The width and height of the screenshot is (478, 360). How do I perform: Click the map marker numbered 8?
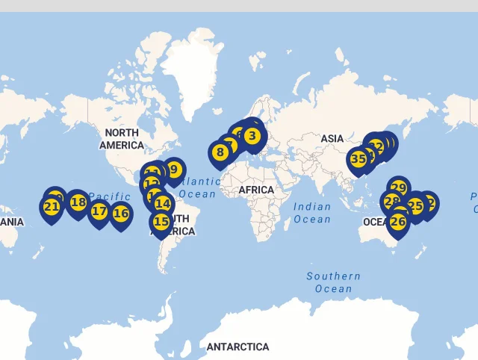click(220, 152)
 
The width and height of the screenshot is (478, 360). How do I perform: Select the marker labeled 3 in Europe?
click(252, 136)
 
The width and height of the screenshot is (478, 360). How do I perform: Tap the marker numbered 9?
click(173, 170)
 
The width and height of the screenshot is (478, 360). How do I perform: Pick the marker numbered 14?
click(162, 203)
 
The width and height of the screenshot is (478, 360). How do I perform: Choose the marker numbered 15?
click(161, 221)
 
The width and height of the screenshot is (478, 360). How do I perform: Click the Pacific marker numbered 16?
click(120, 214)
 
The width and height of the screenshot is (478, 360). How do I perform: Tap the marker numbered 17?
click(99, 211)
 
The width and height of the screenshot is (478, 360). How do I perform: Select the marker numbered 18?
click(78, 202)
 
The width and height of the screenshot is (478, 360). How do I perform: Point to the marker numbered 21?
click(51, 207)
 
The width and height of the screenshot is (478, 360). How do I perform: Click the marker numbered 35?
click(358, 159)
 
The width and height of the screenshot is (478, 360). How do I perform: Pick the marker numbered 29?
click(399, 188)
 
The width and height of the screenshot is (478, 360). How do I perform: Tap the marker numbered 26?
click(398, 221)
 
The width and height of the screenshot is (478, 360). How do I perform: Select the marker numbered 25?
click(415, 205)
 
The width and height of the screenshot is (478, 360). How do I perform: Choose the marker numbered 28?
click(391, 201)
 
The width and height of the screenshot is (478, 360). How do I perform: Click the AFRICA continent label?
click(256, 190)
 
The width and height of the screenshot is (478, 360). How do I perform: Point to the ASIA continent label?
click(332, 138)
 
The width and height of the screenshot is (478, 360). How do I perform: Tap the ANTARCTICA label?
click(238, 347)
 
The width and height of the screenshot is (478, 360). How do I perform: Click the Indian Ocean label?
click(311, 212)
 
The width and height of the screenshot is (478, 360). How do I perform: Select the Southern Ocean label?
click(333, 282)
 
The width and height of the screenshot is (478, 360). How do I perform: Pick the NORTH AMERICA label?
click(121, 139)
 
